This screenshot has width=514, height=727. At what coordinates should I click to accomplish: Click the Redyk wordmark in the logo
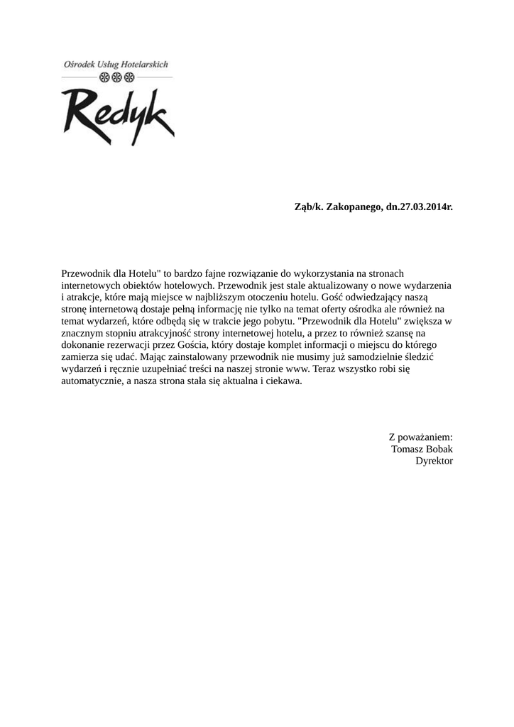(117, 114)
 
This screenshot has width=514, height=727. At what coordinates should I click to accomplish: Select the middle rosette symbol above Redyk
(117, 77)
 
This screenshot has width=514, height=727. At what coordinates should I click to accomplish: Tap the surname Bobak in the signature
(438, 449)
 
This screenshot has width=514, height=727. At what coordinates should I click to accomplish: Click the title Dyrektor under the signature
(434, 461)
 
